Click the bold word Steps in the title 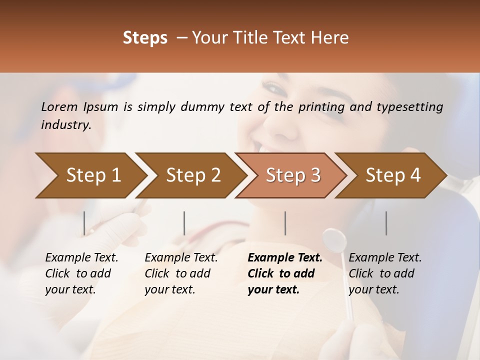pyautogui.click(x=145, y=37)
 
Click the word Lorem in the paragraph pyautogui.click(x=59, y=107)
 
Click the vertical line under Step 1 pyautogui.click(x=84, y=223)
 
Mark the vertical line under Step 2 pyautogui.click(x=184, y=223)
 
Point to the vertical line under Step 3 pyautogui.click(x=285, y=223)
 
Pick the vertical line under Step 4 pyautogui.click(x=386, y=223)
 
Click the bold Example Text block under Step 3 pyautogui.click(x=285, y=273)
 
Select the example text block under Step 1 pyautogui.click(x=81, y=273)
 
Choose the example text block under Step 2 pyautogui.click(x=181, y=273)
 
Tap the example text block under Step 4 pyautogui.click(x=385, y=273)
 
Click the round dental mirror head pyautogui.click(x=335, y=240)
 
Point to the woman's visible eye pyautogui.click(x=273, y=89)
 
